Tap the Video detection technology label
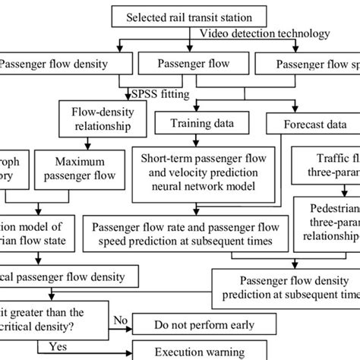coord(264,33)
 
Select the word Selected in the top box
coord(149,16)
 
